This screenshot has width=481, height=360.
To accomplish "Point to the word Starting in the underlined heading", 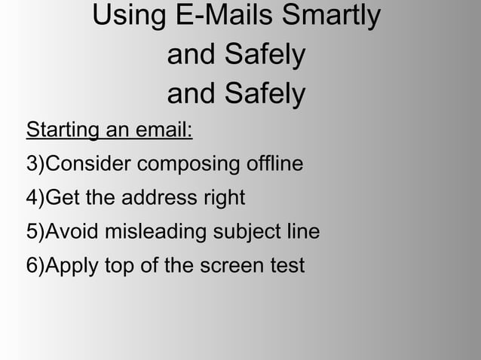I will pyautogui.click(x=62, y=131).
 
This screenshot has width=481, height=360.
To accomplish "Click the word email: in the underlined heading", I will pyautogui.click(x=164, y=131).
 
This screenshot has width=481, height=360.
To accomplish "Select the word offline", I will pyautogui.click(x=272, y=164).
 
